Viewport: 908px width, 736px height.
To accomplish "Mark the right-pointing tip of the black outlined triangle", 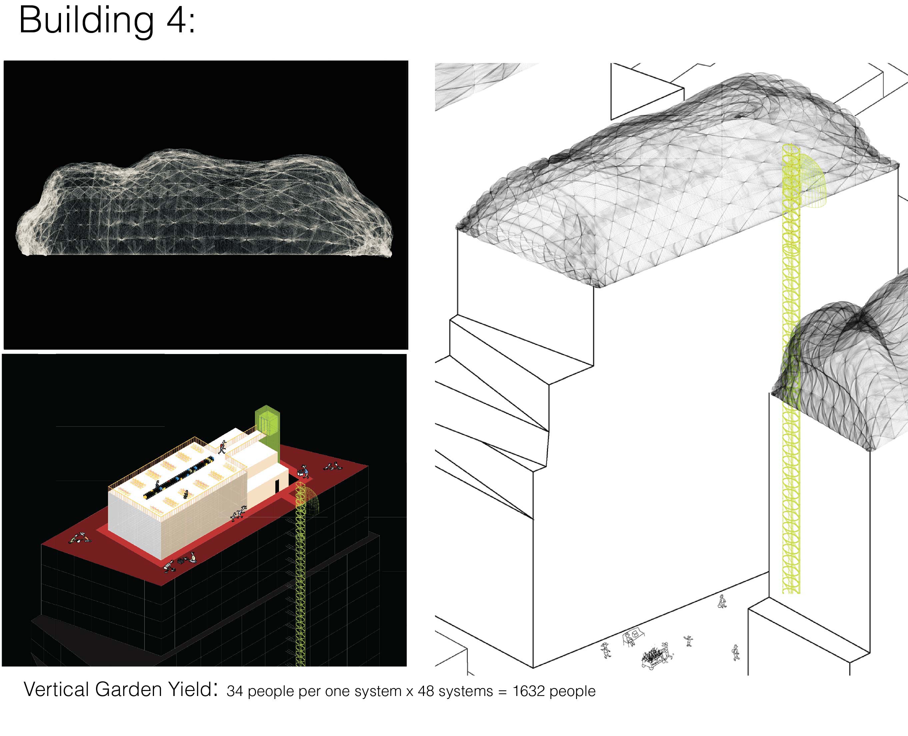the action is tap(684, 88).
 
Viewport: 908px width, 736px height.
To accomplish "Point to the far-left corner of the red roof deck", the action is tap(42, 544).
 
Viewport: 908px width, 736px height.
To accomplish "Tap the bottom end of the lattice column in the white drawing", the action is tap(791, 593).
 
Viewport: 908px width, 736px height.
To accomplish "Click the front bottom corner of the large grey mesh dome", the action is tap(598, 287).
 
